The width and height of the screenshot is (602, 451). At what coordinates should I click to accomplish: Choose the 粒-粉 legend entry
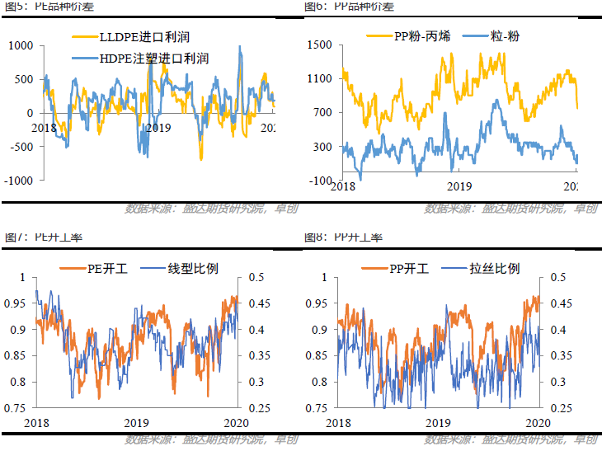(x=492, y=36)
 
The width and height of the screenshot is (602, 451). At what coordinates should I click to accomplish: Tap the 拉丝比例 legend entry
(x=482, y=268)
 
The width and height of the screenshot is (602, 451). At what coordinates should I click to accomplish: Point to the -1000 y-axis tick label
(x=18, y=181)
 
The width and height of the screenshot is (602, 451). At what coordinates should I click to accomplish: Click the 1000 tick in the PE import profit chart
(x=21, y=45)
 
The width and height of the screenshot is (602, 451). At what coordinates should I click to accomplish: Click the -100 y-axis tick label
(x=320, y=181)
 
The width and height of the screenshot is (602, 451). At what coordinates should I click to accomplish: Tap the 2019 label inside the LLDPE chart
(x=158, y=127)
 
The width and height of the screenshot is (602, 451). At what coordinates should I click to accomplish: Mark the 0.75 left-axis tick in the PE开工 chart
(x=16, y=407)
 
